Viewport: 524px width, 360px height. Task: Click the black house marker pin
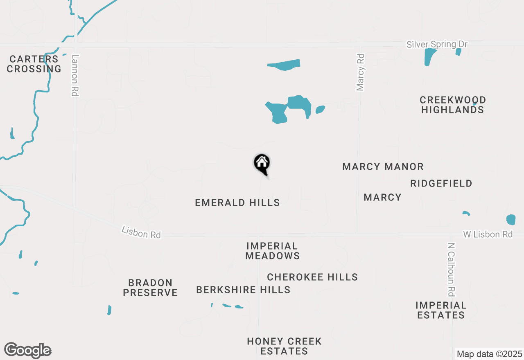(262, 164)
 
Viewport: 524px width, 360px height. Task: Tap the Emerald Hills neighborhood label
(237, 202)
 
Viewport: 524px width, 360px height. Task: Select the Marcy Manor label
(383, 167)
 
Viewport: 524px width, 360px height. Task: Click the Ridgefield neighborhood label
(441, 183)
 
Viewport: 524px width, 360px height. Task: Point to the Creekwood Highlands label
(453, 105)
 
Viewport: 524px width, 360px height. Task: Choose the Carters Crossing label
(34, 64)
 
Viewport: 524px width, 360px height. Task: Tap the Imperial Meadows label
(273, 251)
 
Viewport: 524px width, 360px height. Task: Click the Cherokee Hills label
(312, 277)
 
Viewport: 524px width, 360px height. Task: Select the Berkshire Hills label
(243, 290)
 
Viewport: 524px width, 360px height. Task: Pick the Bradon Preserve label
(150, 288)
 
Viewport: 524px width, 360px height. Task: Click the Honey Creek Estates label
(284, 346)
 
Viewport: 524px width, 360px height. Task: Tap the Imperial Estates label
(441, 310)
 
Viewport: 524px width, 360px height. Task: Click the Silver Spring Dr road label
(437, 44)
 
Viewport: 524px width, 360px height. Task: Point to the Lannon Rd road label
(75, 76)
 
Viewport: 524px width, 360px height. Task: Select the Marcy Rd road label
(360, 72)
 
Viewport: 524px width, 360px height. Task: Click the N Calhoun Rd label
(451, 270)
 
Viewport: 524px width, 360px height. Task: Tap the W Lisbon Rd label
(488, 234)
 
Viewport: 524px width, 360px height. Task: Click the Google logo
(28, 351)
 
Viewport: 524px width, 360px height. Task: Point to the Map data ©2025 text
(490, 354)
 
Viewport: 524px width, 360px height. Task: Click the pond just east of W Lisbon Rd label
(511, 220)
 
